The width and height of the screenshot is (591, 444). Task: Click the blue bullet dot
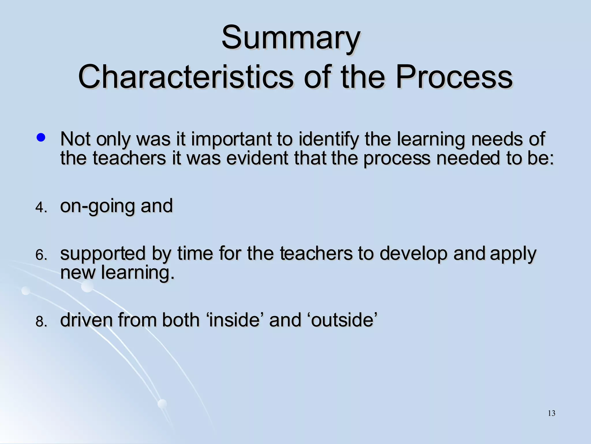[41, 138]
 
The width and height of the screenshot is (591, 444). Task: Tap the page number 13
[551, 413]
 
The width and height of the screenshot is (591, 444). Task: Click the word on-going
[97, 206]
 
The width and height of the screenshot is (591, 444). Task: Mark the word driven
[86, 320]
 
